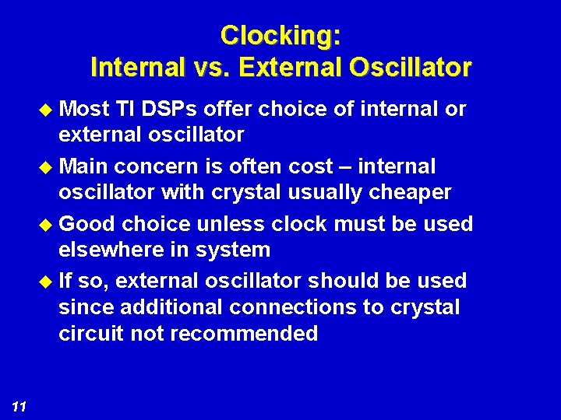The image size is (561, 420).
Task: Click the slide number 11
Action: (19, 406)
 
